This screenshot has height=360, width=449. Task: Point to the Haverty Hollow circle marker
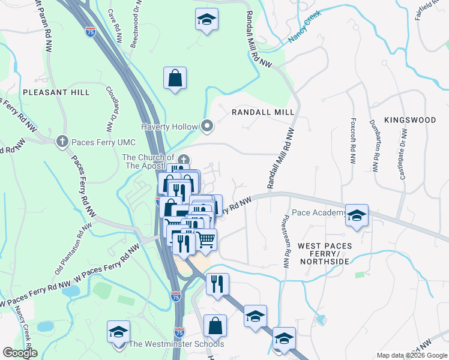208,126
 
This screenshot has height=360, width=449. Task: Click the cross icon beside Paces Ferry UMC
62,142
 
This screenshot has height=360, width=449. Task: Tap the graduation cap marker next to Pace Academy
357,215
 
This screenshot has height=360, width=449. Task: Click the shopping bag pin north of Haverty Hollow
175,78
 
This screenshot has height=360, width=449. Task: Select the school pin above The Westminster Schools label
119,332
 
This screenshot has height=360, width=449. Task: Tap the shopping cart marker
205,239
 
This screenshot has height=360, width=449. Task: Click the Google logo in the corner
19,353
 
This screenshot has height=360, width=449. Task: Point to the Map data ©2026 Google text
412,355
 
